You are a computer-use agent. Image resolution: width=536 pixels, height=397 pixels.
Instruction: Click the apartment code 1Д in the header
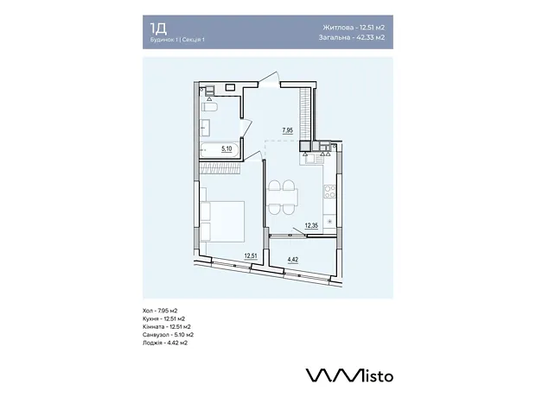click(x=158, y=28)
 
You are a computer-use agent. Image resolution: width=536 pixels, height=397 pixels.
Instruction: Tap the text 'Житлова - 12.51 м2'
click(x=354, y=28)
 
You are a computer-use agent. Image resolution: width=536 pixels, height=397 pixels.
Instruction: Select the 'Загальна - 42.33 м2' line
click(x=352, y=37)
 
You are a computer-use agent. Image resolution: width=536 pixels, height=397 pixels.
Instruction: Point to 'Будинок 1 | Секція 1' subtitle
click(x=177, y=40)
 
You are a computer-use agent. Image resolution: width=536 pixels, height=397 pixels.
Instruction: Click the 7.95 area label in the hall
click(x=288, y=130)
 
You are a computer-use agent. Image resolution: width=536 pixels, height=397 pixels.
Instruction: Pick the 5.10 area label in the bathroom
click(x=227, y=148)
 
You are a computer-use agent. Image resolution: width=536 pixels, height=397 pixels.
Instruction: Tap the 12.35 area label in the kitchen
click(x=311, y=225)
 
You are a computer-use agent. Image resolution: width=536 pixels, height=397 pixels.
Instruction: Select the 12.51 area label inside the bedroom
click(x=251, y=255)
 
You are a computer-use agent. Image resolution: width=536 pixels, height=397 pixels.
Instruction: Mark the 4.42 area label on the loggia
click(x=293, y=260)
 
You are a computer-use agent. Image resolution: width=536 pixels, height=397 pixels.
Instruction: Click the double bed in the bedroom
click(x=222, y=221)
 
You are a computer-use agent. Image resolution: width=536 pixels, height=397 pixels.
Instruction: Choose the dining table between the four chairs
click(x=283, y=197)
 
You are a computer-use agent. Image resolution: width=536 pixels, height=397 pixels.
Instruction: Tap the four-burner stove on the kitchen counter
click(x=330, y=191)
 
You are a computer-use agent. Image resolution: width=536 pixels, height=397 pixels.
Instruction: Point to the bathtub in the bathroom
click(x=220, y=150)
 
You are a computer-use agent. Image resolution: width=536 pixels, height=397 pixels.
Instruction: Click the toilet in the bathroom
click(x=209, y=107)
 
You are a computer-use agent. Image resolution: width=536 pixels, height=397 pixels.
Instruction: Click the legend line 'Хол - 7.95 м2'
click(x=160, y=311)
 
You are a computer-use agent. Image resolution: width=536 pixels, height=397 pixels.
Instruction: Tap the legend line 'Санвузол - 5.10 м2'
click(x=169, y=335)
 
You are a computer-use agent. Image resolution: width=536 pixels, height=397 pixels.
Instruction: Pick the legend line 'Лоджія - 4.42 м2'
click(x=165, y=343)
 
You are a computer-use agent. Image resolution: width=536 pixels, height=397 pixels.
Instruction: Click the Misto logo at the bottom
click(x=349, y=375)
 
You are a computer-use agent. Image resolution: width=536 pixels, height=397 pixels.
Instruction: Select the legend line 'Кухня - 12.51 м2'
click(x=163, y=318)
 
